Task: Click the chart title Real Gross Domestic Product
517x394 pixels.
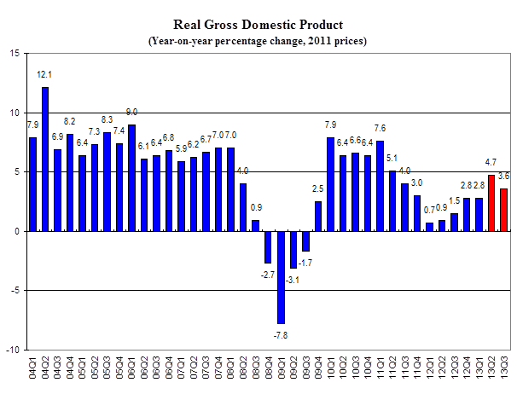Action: click(258, 25)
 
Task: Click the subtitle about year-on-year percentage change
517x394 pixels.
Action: click(258, 40)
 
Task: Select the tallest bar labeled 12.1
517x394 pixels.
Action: click(45, 159)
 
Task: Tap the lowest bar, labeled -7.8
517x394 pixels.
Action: click(280, 277)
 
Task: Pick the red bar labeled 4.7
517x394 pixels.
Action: click(491, 203)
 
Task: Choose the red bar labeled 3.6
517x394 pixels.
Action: click(504, 210)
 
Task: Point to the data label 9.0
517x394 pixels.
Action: click(132, 112)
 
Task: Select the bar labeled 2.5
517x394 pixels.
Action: click(318, 216)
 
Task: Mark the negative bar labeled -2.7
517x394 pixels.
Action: click(268, 247)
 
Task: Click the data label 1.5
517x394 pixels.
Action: click(455, 200)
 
